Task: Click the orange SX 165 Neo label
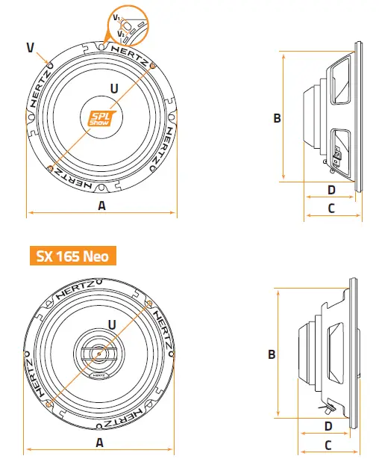coord(72,256)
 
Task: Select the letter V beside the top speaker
coord(30,48)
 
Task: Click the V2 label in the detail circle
coord(121,33)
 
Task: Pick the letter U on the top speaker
coord(113,88)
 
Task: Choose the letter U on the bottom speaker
coord(111,324)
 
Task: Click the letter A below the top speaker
coord(101,206)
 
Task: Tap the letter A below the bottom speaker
coord(99,442)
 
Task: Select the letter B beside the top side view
coord(276,117)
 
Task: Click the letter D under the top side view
coord(331,190)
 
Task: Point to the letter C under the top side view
coord(331,209)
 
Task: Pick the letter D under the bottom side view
coord(328,426)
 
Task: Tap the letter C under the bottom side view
coord(328,445)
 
